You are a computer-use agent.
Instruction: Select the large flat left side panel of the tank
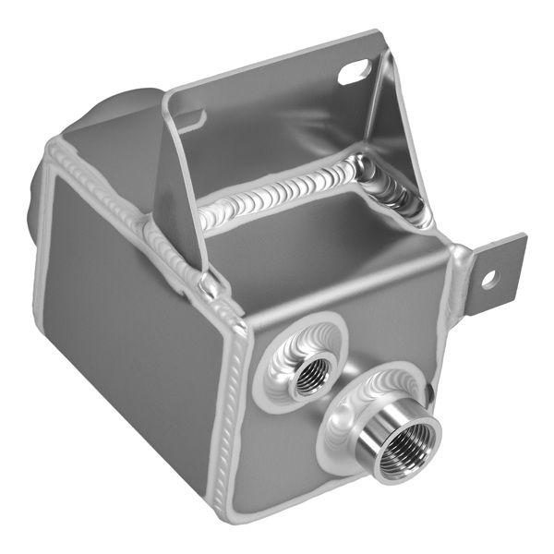click(x=129, y=314)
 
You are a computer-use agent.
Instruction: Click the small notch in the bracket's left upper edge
click(x=192, y=118)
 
